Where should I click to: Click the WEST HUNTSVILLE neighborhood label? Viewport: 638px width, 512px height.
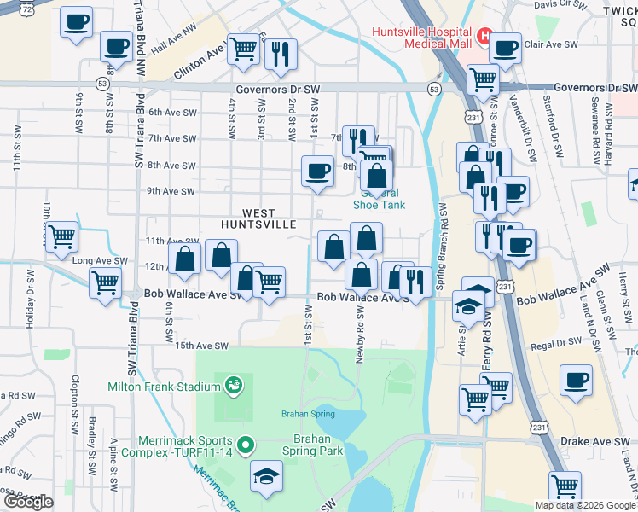tap(258, 218)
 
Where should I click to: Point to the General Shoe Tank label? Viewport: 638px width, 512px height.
tap(380, 199)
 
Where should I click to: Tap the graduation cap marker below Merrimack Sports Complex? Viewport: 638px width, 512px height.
tap(267, 476)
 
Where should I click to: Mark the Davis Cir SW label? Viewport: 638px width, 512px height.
tap(561, 5)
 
